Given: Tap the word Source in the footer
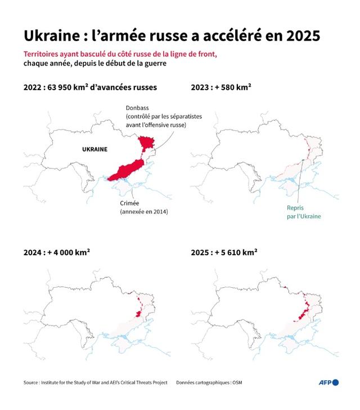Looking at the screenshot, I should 33,382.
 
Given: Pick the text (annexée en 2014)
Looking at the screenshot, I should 143,212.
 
